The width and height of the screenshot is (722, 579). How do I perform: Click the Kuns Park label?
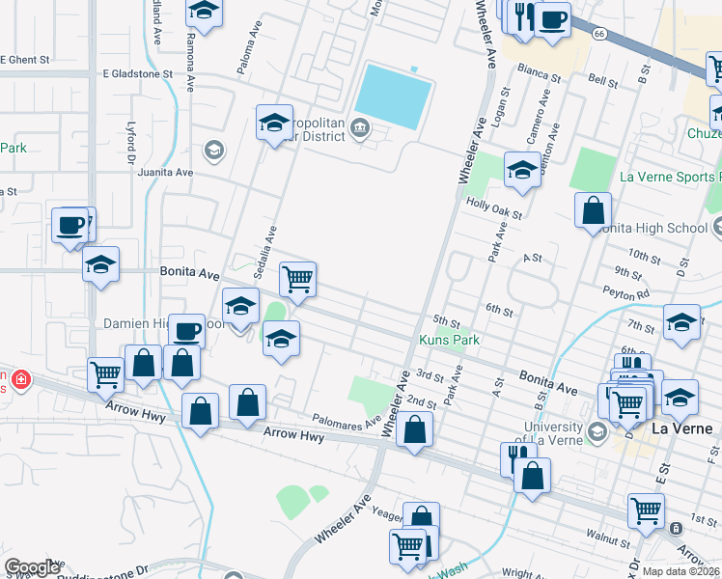pos(449,340)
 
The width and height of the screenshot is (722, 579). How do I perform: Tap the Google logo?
pos(31,567)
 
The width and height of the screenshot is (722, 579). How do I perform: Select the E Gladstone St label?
pos(137,72)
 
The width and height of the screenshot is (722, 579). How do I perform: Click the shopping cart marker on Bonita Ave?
pos(298,280)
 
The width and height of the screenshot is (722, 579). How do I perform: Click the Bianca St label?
pos(539,72)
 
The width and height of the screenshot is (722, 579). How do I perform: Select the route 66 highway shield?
pos(600,34)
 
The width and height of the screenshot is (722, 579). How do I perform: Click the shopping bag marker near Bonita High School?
pos(593,209)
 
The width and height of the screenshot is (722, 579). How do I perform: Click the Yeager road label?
pos(386,516)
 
